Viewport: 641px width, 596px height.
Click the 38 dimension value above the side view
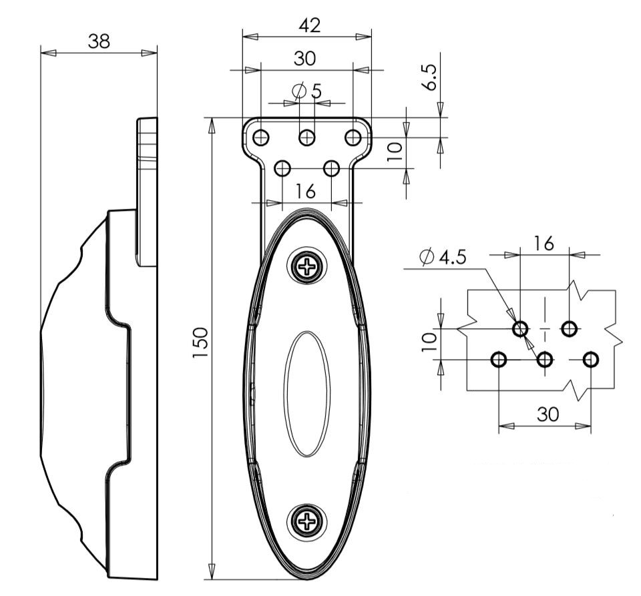(x=99, y=41)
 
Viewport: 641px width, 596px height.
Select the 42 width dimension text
(x=309, y=25)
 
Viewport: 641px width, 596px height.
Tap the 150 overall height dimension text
(x=202, y=342)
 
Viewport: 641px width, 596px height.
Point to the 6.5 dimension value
(x=431, y=78)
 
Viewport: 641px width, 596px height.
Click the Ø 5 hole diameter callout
(x=307, y=90)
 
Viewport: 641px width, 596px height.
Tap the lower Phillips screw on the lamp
(x=308, y=520)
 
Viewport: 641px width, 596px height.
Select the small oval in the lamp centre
(x=307, y=394)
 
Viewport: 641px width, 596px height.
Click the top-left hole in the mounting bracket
(x=261, y=137)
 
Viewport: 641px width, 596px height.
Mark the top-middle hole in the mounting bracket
(x=307, y=137)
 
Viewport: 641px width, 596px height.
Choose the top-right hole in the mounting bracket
(x=353, y=137)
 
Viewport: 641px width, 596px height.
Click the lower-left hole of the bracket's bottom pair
(x=282, y=168)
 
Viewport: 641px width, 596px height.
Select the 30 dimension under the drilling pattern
(x=548, y=414)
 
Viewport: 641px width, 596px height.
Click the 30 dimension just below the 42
(x=305, y=59)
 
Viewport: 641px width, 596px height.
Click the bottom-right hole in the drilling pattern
(x=590, y=360)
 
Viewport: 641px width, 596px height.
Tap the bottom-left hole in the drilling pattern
(x=499, y=360)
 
